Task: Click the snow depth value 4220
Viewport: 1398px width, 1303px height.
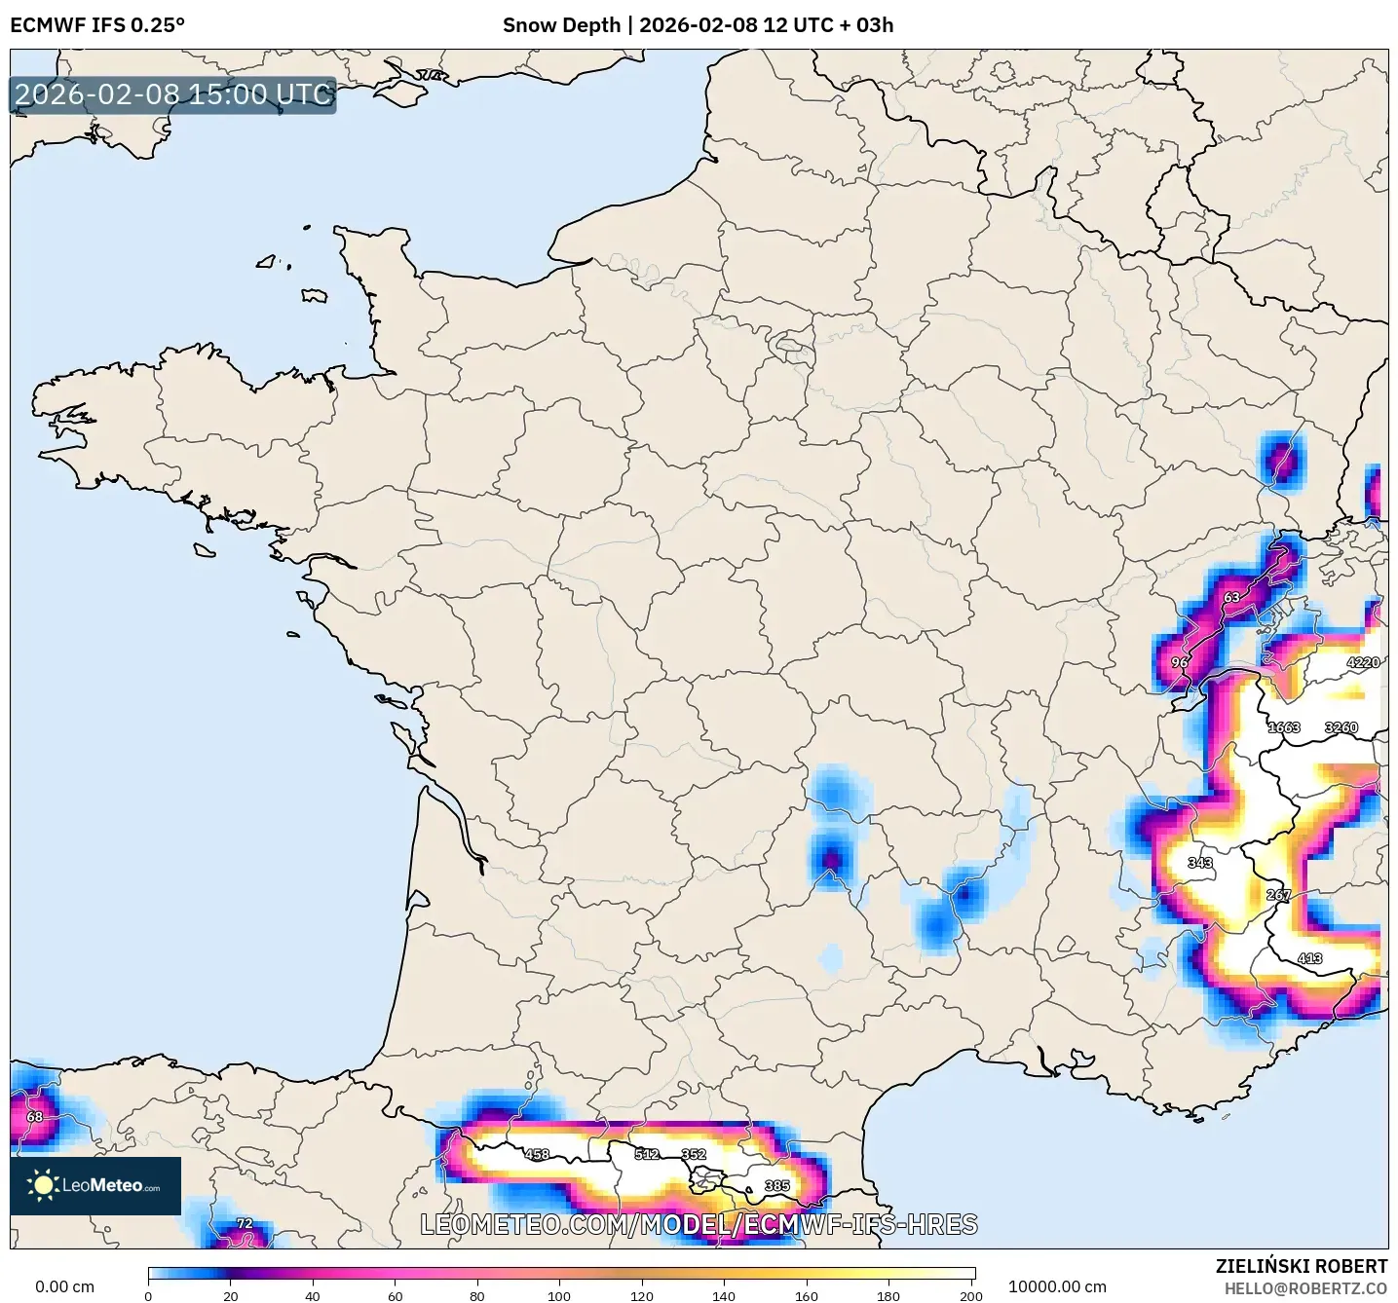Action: (1362, 662)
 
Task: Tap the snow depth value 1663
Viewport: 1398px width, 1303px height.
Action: (1283, 727)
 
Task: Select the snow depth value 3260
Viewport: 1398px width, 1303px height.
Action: (1341, 727)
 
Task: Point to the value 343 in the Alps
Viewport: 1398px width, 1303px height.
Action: (1200, 863)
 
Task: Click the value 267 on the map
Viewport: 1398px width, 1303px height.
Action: (1278, 895)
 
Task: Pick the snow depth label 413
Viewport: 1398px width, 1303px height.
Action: (1309, 958)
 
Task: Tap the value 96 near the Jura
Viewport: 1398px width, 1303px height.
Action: (1180, 662)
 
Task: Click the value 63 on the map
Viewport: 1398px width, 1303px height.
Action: (1231, 598)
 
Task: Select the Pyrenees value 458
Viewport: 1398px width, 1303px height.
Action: (537, 1154)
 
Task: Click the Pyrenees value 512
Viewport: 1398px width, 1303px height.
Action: (647, 1154)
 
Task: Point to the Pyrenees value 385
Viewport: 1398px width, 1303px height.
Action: (776, 1186)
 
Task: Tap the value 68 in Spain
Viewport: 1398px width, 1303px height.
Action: (35, 1117)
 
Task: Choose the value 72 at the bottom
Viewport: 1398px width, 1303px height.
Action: (245, 1224)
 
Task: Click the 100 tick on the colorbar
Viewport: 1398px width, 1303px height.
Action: (559, 1295)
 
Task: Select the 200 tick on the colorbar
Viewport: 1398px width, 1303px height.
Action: (970, 1295)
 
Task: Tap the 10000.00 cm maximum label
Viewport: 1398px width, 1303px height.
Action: (1057, 1286)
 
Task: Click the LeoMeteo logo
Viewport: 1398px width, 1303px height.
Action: (95, 1185)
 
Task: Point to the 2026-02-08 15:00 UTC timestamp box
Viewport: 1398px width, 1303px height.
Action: (173, 94)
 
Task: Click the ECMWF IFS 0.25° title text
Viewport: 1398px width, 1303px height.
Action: (97, 25)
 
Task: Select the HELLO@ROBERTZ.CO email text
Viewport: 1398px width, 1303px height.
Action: (1305, 1288)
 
